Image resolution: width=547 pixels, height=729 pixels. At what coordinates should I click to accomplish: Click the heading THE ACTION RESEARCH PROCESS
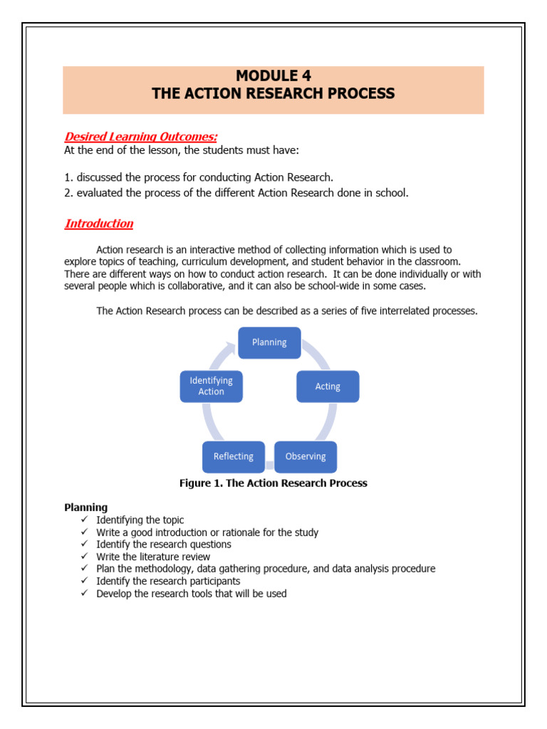(x=273, y=94)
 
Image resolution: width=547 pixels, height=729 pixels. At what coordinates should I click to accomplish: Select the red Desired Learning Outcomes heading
(x=141, y=137)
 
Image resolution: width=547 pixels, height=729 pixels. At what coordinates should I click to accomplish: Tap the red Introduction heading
(x=99, y=224)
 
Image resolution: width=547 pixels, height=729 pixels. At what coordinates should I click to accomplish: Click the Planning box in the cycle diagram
(x=269, y=342)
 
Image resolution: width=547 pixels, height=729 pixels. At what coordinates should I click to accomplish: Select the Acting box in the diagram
(x=328, y=387)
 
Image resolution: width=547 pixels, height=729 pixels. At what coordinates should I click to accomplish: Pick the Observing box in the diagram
(x=306, y=456)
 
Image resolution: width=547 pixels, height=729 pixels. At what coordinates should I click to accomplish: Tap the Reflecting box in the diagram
(x=234, y=456)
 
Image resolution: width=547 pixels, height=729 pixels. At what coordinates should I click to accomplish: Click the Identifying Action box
(x=211, y=386)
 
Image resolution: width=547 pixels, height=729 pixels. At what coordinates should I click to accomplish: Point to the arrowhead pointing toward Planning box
(x=229, y=349)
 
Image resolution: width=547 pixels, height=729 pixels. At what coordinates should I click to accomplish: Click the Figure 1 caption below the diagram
(x=273, y=483)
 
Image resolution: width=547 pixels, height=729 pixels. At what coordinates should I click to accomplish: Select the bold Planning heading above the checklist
(x=86, y=508)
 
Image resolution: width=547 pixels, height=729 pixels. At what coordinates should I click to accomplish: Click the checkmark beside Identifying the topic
(x=83, y=520)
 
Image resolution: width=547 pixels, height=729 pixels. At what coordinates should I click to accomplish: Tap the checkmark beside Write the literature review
(x=83, y=557)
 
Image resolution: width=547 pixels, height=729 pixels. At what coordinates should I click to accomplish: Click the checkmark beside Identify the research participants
(x=83, y=581)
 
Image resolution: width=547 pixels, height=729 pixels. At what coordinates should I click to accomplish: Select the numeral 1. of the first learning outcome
(x=68, y=177)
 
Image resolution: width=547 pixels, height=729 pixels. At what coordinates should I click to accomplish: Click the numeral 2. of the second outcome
(x=68, y=193)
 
